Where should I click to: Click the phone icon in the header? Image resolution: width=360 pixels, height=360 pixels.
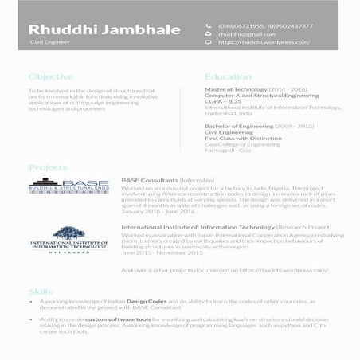(208, 27)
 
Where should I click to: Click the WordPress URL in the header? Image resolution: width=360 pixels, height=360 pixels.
(264, 42)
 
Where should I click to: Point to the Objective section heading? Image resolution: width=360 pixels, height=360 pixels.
(50, 77)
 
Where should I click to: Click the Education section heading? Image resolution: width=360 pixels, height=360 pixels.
(229, 77)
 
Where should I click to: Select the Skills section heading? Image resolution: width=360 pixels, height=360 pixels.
(41, 292)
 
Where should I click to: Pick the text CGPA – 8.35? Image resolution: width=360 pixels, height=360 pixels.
(223, 101)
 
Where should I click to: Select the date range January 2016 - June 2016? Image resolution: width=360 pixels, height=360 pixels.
(158, 212)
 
